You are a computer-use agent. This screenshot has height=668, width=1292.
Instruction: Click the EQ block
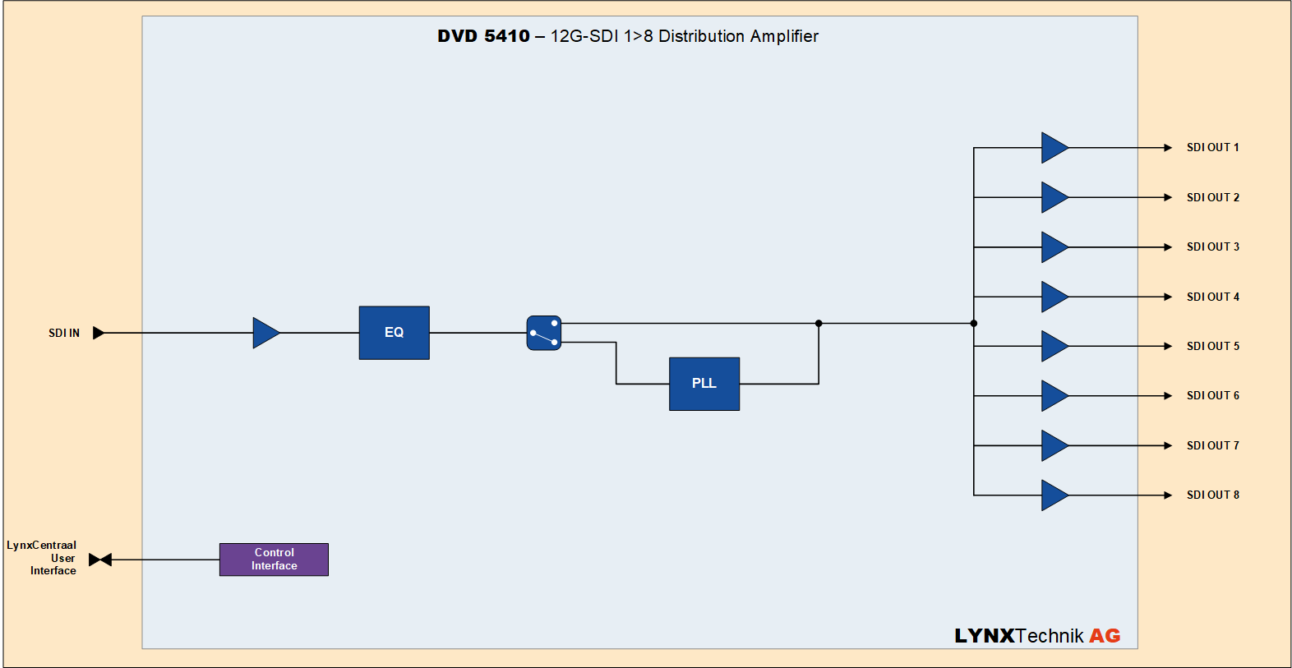click(394, 333)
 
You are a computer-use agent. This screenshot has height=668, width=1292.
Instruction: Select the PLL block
click(704, 384)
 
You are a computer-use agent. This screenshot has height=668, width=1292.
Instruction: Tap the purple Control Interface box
click(274, 560)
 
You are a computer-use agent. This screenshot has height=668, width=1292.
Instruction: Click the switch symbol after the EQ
click(544, 333)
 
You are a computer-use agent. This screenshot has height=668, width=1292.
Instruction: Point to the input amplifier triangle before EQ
click(265, 333)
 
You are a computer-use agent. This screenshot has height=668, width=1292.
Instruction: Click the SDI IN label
click(64, 333)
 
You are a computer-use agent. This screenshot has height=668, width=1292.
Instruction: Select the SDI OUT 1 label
click(1212, 148)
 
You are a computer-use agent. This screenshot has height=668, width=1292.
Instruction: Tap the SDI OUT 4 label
click(1212, 297)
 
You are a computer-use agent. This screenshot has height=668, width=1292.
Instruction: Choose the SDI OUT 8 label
click(1212, 495)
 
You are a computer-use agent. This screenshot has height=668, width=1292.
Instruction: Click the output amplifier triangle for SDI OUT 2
click(1054, 197)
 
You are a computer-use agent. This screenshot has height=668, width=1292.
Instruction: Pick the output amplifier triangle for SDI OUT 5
click(1054, 346)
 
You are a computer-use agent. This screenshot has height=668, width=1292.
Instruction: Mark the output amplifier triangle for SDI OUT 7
click(1054, 445)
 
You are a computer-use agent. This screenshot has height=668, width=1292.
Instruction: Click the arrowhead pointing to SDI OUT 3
click(1168, 247)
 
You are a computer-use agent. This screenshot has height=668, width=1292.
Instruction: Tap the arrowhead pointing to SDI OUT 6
click(1168, 396)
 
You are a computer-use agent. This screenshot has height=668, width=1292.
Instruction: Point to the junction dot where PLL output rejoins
click(819, 324)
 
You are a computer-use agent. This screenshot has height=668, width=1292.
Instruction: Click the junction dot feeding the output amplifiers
click(974, 324)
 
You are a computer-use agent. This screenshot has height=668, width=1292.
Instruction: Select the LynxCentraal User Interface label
click(42, 558)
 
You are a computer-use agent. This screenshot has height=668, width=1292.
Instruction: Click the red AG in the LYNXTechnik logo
click(1105, 636)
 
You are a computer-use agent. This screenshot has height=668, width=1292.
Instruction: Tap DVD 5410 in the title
click(483, 36)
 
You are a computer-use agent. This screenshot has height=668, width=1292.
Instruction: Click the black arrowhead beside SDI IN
click(99, 333)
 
